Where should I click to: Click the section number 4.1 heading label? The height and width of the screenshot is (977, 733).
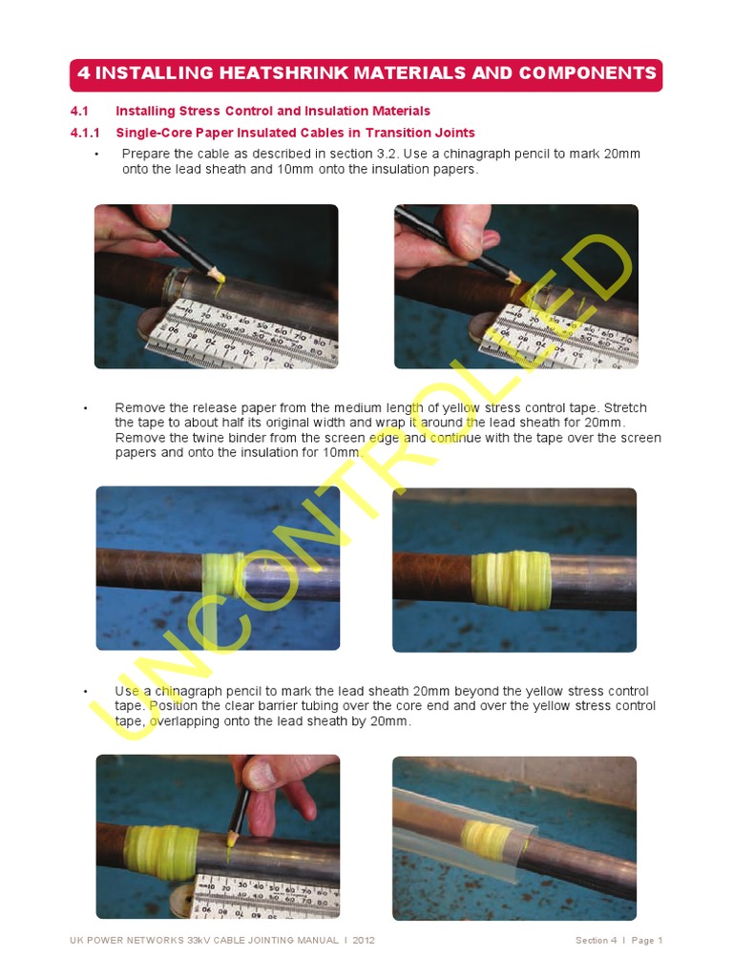click(x=79, y=111)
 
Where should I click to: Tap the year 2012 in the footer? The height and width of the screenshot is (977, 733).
click(x=364, y=941)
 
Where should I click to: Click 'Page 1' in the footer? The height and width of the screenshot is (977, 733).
click(x=646, y=941)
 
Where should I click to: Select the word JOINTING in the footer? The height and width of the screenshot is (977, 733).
click(x=264, y=941)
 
